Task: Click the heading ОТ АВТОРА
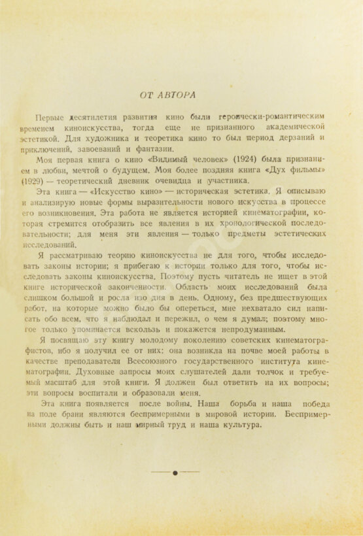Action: click(x=168, y=95)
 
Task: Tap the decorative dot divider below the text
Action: click(x=175, y=472)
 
